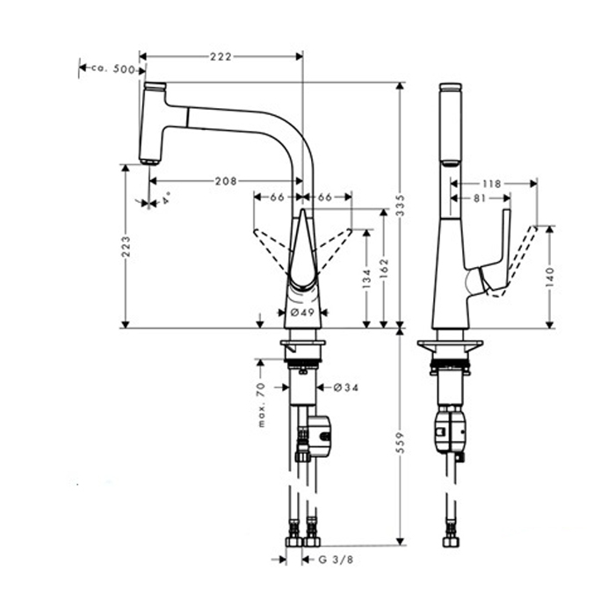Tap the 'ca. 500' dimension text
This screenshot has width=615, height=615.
[113, 69]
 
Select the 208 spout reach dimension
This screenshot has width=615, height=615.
[225, 181]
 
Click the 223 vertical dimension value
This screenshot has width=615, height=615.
[126, 246]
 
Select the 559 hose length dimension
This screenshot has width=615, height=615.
[402, 433]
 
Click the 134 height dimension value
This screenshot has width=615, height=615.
[365, 279]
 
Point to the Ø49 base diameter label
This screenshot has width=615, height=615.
[301, 312]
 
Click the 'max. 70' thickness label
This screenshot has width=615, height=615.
[262, 403]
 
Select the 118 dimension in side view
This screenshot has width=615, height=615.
[492, 184]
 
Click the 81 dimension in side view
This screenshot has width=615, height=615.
[480, 199]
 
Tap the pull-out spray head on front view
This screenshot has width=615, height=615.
[155, 123]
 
